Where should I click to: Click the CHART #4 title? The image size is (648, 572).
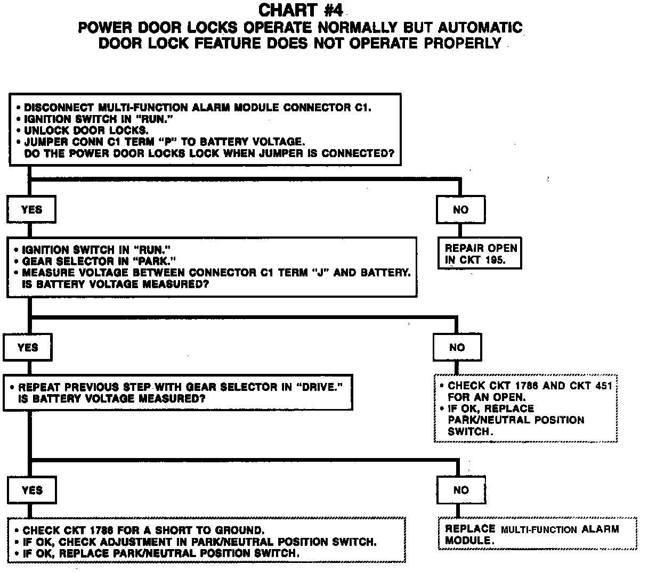[x=300, y=10]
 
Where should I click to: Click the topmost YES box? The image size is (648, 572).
[x=31, y=210]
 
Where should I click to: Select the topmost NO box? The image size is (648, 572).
[x=460, y=210]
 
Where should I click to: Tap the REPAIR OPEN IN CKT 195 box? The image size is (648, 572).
[x=481, y=254]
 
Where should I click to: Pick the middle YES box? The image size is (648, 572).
[x=28, y=348]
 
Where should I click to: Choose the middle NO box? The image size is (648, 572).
[x=457, y=348]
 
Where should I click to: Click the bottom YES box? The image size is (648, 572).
[x=32, y=490]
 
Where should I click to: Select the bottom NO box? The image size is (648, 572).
[x=461, y=490]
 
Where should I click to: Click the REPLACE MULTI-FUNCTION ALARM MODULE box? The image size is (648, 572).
[x=538, y=534]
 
